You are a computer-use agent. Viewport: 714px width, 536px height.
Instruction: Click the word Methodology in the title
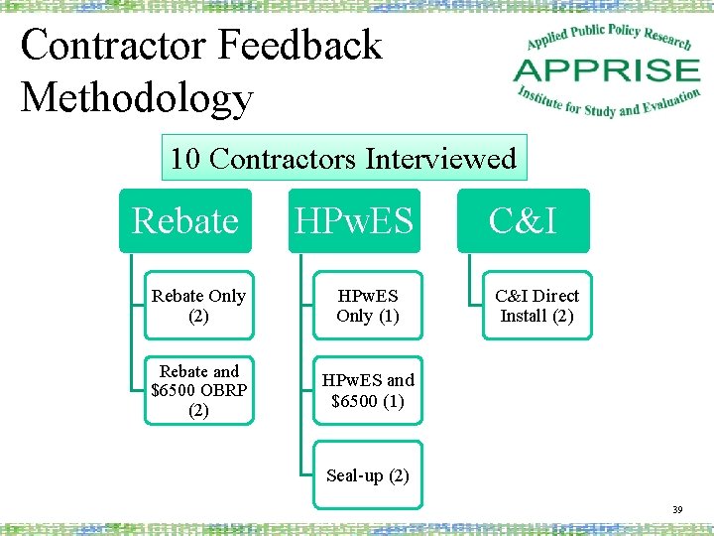point(137,98)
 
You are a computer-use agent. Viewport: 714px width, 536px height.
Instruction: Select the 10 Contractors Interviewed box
point(343,159)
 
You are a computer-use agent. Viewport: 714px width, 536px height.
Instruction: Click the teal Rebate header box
point(185,220)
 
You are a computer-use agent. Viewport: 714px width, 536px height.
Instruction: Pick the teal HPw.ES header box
point(355,220)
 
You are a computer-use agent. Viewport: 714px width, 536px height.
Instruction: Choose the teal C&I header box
point(524,220)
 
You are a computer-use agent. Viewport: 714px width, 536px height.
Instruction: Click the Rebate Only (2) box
point(199,306)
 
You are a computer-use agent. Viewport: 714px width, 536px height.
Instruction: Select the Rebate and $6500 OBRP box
point(199,390)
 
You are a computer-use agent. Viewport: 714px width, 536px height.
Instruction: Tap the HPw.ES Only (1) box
point(368,306)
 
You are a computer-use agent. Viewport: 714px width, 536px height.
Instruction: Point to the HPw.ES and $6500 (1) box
point(368,390)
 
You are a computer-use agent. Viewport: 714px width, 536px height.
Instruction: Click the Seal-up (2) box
point(368,475)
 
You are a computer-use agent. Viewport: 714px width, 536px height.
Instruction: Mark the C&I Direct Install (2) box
point(536,306)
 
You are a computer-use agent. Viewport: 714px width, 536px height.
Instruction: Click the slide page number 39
point(677,509)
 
